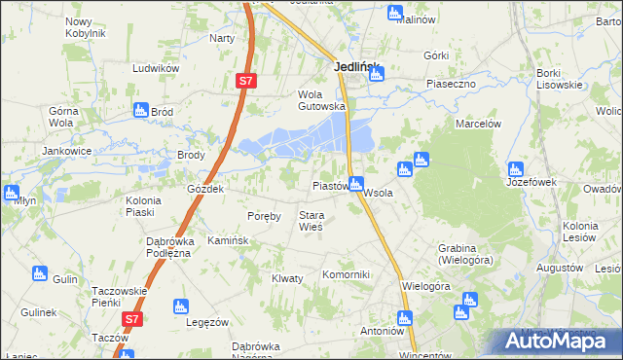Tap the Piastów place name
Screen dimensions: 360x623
pos(329,185)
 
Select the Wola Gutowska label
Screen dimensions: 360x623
pos(321,100)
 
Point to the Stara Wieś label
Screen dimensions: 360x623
pos(311,221)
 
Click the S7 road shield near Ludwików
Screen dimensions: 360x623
pos(245,84)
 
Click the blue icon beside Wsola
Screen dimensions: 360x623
pos(357,182)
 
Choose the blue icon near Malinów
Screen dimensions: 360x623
pos(393,14)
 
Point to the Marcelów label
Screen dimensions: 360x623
pos(478,124)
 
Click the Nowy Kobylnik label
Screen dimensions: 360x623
pos(85,27)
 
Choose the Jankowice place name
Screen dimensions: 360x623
pos(66,151)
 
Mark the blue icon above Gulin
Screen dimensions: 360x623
pos(39,273)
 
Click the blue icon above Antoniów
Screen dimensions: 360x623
pos(404,317)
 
